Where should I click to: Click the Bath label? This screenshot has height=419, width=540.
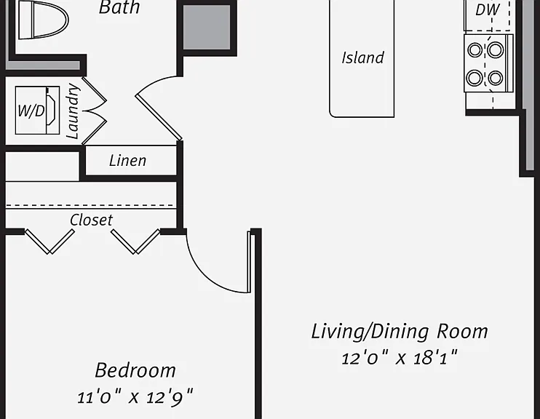(119, 7)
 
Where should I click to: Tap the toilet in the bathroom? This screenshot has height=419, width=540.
(44, 20)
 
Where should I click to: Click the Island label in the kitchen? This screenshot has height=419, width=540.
(362, 57)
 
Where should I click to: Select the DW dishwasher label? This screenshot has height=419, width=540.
(488, 9)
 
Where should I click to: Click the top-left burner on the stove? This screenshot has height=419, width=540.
(475, 50)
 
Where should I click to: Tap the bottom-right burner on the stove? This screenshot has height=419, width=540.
(495, 78)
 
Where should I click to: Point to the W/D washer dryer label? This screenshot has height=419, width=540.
(31, 111)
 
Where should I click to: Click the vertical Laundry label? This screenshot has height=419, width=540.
(73, 111)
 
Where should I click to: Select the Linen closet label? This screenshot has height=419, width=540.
(128, 161)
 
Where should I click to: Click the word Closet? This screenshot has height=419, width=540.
(91, 220)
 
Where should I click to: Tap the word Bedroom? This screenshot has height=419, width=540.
(135, 370)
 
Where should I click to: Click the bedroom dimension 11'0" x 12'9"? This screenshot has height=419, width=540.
(135, 397)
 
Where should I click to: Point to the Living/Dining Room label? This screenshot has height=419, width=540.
(400, 332)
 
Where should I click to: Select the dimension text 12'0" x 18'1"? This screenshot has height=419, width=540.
(400, 358)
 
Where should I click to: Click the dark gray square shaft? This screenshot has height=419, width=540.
(207, 27)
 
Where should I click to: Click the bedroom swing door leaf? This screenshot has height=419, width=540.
(249, 262)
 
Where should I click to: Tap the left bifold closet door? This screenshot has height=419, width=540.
(49, 242)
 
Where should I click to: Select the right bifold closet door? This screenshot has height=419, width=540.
(135, 242)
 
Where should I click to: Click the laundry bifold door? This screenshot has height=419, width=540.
(95, 111)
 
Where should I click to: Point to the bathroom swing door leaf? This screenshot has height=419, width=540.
(159, 117)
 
